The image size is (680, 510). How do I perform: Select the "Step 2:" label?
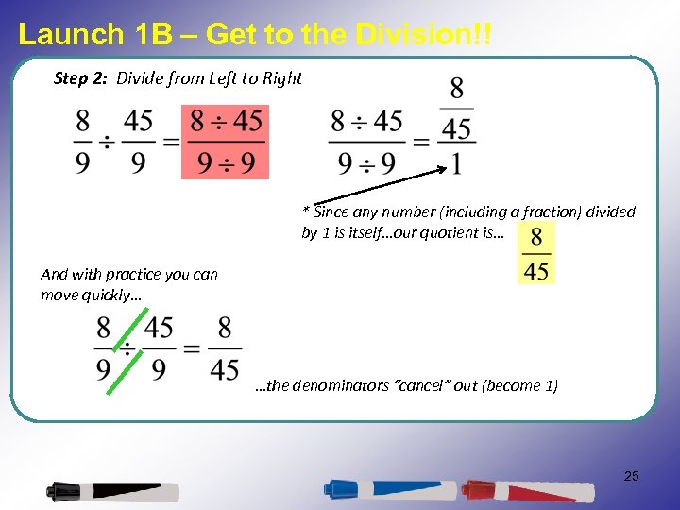pyautogui.click(x=82, y=78)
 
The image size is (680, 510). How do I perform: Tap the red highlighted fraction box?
pyautogui.click(x=226, y=142)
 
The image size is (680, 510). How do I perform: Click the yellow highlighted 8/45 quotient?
pyautogui.click(x=536, y=252)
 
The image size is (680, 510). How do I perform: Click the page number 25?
pyautogui.click(x=631, y=476)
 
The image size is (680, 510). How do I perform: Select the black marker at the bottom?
pyautogui.click(x=113, y=491)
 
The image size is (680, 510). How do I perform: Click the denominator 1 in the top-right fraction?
pyautogui.click(x=457, y=163)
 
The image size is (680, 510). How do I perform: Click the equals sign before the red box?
pyautogui.click(x=170, y=143)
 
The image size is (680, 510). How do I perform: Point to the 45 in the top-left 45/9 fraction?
pyautogui.click(x=139, y=123)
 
